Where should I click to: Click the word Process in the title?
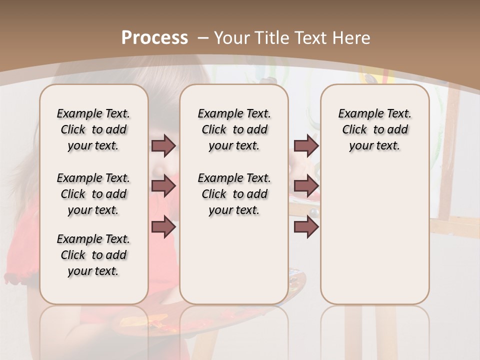click(x=154, y=37)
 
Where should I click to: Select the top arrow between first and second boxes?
click(x=163, y=146)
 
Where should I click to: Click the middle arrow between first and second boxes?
click(x=163, y=186)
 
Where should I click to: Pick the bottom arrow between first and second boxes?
click(x=163, y=226)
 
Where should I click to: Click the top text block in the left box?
click(x=93, y=129)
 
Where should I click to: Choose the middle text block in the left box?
click(x=93, y=194)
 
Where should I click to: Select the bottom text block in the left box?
click(x=93, y=255)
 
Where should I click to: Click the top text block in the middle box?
click(x=234, y=129)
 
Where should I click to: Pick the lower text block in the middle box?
click(x=234, y=194)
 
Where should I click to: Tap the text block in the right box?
click(x=374, y=129)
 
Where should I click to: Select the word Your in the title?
click(x=232, y=37)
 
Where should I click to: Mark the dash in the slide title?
click(x=203, y=37)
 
